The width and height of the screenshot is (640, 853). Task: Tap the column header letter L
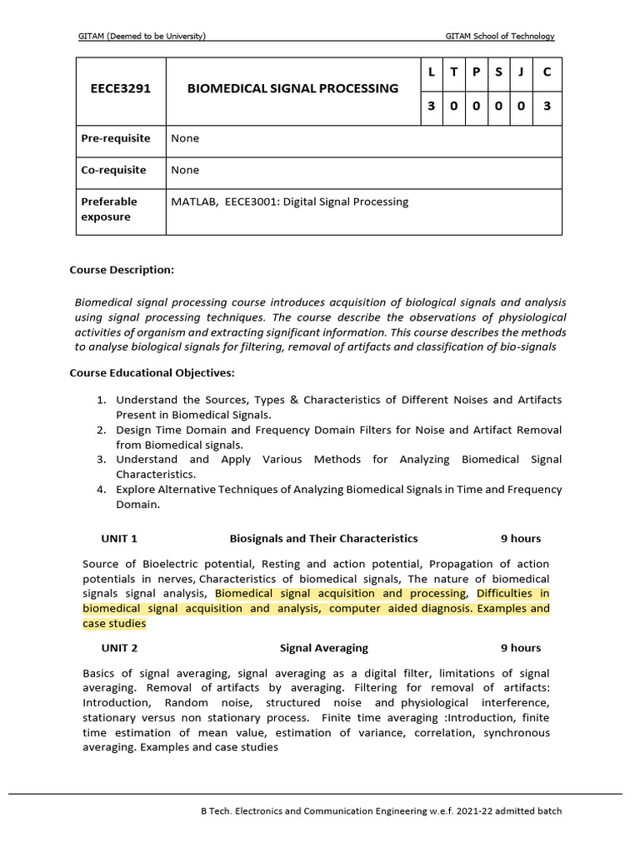pos(431,72)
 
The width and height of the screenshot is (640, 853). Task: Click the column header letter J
pos(520,72)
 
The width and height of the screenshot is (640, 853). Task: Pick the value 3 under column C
pos(547,107)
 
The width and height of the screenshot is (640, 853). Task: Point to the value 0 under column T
pos(453,107)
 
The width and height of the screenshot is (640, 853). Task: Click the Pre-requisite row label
pos(116,138)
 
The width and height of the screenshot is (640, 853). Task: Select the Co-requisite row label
pos(113,170)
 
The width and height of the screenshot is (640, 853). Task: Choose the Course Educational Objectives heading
pos(152,372)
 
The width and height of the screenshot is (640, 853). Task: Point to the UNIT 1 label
pos(119,538)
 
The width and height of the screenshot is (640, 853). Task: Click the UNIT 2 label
pos(119,647)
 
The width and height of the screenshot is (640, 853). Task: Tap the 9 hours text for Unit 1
pos(520,538)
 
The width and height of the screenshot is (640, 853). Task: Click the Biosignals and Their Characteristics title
pos(323,538)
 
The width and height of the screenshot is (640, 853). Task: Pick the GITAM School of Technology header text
pos(500,36)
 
